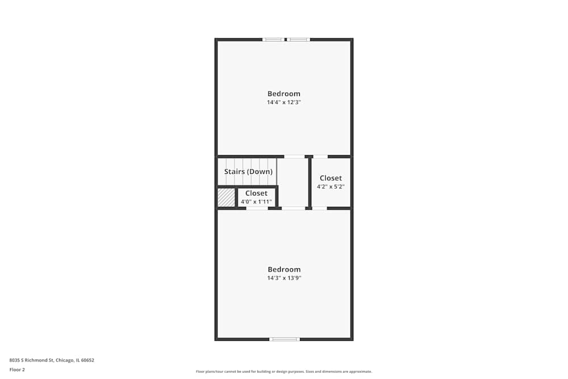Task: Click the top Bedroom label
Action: coord(284,94)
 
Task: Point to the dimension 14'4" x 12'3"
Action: coord(284,103)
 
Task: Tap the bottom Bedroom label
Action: coord(284,269)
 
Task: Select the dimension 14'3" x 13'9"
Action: coord(284,278)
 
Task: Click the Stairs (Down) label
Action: coord(248,172)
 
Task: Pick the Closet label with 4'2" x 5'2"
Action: coord(331,178)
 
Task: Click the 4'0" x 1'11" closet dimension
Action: coord(256,202)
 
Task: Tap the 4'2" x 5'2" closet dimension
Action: coord(331,186)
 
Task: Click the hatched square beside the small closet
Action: coord(226,198)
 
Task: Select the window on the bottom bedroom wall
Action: coord(284,339)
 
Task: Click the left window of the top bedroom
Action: coord(273,40)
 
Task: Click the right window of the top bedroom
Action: coord(298,40)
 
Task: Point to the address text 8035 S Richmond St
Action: coord(52,360)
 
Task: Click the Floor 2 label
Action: coord(17,369)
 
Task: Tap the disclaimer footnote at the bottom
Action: coord(284,372)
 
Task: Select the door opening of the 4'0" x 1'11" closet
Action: coord(257,209)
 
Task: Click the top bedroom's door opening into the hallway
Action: coord(294,156)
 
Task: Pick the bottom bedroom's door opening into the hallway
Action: coord(294,209)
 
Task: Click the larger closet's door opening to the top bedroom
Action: coord(320,156)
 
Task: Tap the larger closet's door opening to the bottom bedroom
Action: coord(320,209)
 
